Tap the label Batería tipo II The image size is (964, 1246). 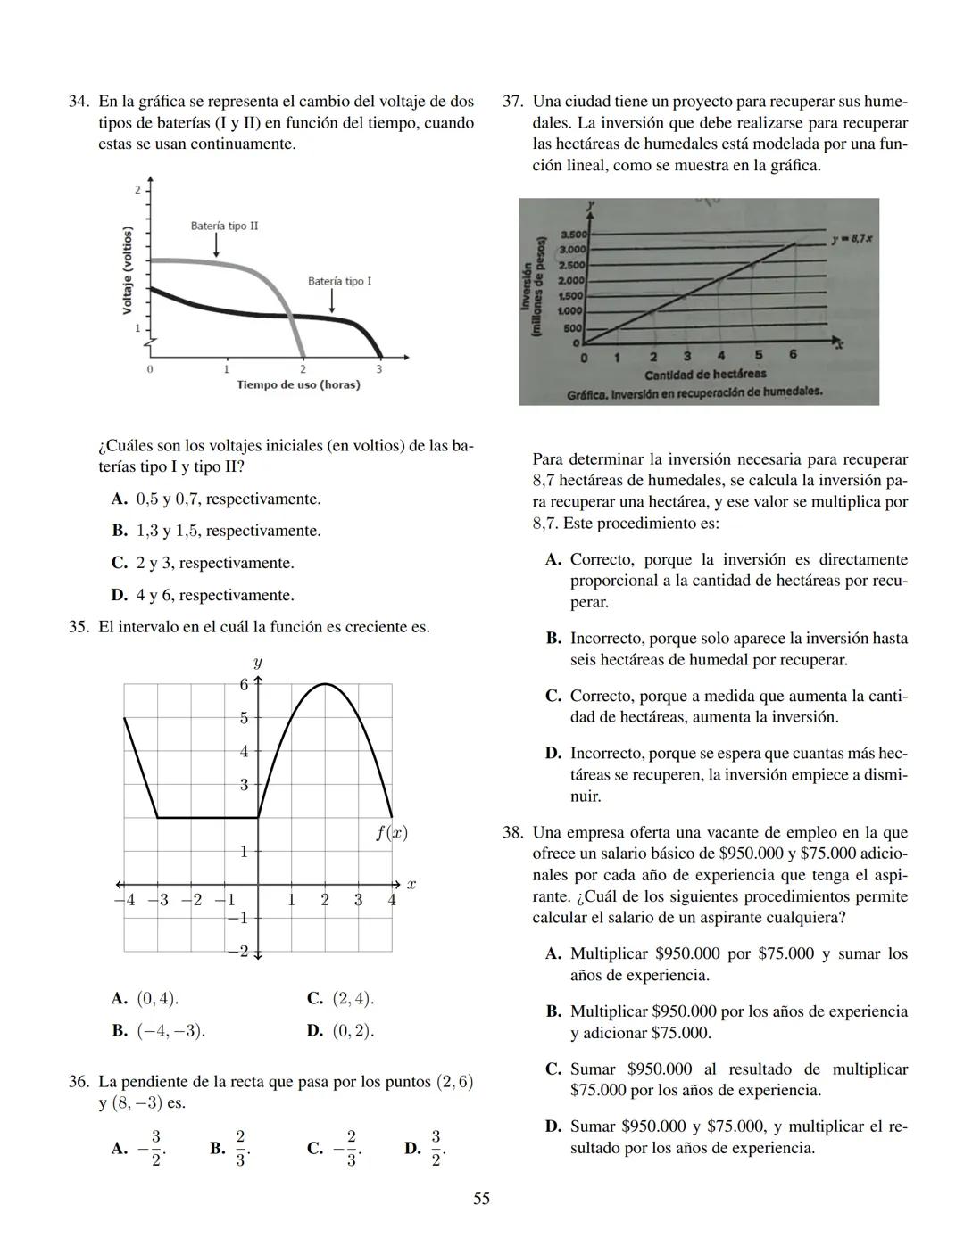(x=224, y=227)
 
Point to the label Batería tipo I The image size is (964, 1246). (x=339, y=281)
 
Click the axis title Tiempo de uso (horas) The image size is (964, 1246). (x=298, y=384)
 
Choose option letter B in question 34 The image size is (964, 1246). (x=120, y=531)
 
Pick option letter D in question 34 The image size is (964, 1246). (x=120, y=595)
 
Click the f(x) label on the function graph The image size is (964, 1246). (x=391, y=833)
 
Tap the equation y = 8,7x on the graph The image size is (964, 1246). (x=851, y=239)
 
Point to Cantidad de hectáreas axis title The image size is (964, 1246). (x=705, y=374)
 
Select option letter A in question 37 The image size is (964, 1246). (x=553, y=560)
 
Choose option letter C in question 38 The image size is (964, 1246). (x=553, y=1069)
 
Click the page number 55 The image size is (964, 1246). (x=481, y=1199)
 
